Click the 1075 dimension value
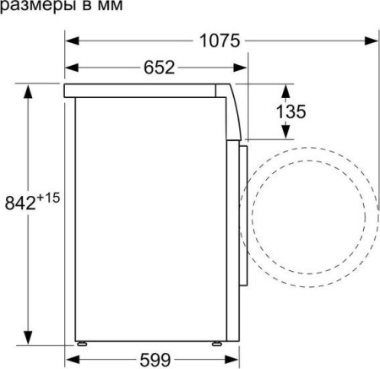[x=220, y=41]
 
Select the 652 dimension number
[x=160, y=68]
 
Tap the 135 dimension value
[x=290, y=111]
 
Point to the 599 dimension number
[x=155, y=360]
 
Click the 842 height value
[x=20, y=203]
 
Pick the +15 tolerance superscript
[x=48, y=198]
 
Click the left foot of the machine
[x=82, y=344]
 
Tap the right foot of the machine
[x=217, y=344]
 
